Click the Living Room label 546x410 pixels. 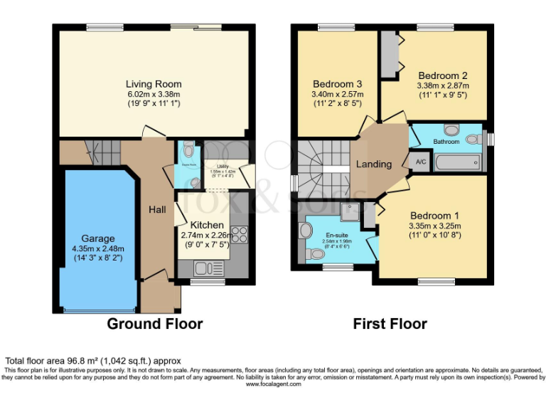click(153, 83)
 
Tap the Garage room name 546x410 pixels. click(97, 238)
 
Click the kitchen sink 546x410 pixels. click(201, 268)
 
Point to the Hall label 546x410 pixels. click(157, 209)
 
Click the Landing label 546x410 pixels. click(374, 164)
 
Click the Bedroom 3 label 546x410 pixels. click(337, 82)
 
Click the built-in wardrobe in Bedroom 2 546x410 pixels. click(389, 54)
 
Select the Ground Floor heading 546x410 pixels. click(154, 324)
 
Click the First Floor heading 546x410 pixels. click(390, 324)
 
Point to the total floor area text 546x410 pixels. click(94, 360)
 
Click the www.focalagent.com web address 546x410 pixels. click(274, 384)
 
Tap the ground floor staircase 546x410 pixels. click(101, 151)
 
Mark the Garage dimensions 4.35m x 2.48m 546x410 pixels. click(97, 249)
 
